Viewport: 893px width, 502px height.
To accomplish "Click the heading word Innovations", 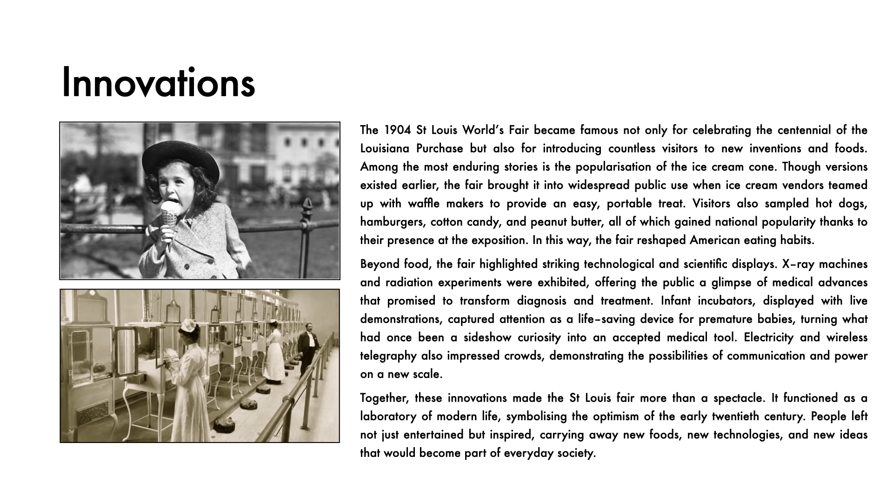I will (x=158, y=83).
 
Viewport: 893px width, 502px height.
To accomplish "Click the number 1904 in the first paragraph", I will (x=398, y=130).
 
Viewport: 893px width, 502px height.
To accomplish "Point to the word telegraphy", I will (x=388, y=356).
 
